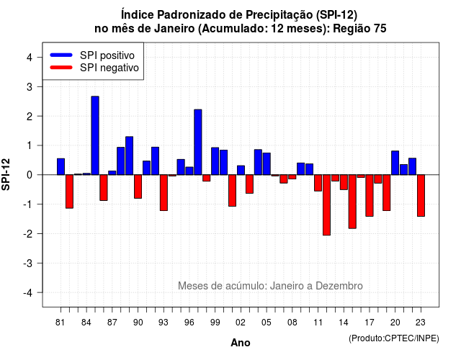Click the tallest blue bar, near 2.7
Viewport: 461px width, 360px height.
point(95,135)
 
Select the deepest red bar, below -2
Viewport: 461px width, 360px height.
point(326,204)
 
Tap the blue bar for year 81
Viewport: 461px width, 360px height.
point(61,166)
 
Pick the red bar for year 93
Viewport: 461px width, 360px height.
point(164,192)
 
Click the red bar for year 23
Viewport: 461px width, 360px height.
point(421,195)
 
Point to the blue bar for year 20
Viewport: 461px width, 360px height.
point(395,163)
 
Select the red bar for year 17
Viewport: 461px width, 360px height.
point(370,195)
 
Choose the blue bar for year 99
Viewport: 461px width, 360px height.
point(215,161)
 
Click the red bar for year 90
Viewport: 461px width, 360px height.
point(138,186)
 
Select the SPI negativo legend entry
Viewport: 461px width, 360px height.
point(94,68)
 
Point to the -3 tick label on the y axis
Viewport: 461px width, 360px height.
point(28,263)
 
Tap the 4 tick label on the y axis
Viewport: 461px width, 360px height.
point(30,58)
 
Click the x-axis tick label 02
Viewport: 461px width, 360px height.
point(241,323)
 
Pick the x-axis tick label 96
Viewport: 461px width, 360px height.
point(189,323)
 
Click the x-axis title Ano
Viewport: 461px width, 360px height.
point(241,343)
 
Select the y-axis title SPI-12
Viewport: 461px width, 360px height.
point(6,174)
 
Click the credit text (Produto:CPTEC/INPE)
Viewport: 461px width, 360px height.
point(394,338)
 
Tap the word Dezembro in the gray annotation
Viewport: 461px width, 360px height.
point(339,286)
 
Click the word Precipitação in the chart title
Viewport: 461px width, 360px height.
point(279,14)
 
